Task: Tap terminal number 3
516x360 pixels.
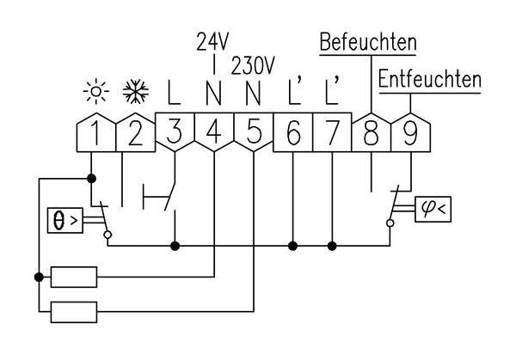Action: (x=175, y=133)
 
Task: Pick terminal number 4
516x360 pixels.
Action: (x=213, y=133)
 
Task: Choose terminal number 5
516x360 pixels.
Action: (x=254, y=133)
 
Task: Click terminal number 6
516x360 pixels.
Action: (x=292, y=133)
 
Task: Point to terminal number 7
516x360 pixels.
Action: (x=332, y=133)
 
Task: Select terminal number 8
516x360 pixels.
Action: (x=372, y=133)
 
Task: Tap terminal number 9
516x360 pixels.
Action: (x=410, y=133)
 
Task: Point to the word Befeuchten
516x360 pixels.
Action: (x=367, y=42)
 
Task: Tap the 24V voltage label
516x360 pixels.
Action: (x=212, y=40)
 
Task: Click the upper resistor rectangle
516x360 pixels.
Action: (x=74, y=277)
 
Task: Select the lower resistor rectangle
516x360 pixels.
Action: (x=74, y=311)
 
